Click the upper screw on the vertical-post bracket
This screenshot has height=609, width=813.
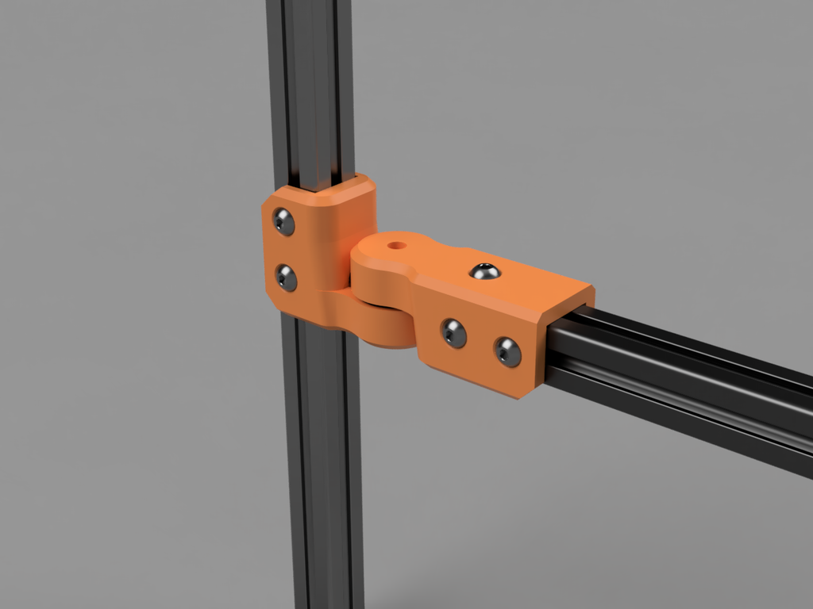point(283,221)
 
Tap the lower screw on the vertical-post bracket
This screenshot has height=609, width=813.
point(286,278)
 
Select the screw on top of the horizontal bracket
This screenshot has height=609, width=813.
point(484,272)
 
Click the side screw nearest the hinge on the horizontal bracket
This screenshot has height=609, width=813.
point(453,333)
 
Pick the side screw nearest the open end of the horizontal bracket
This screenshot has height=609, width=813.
point(507,351)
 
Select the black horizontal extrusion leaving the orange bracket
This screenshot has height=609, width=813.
point(683,381)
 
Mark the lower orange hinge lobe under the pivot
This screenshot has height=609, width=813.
point(381,325)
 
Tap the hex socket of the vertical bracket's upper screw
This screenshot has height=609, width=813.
point(283,221)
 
